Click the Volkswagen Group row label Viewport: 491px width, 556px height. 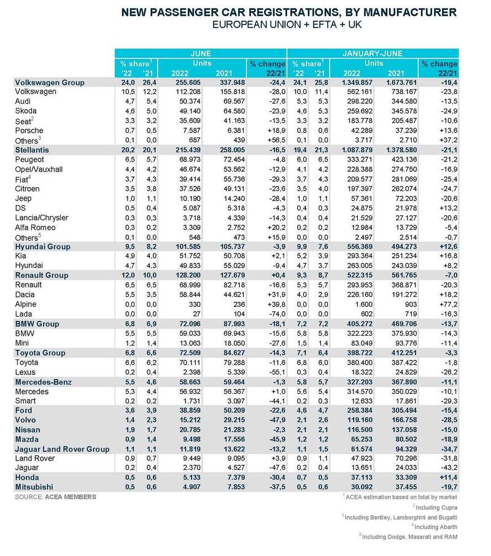[x=50, y=83]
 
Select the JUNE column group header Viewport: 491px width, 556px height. [x=201, y=53]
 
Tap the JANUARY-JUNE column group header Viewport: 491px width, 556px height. [x=372, y=53]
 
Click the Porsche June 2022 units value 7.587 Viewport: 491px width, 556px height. [x=192, y=131]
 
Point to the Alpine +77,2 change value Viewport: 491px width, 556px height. [x=448, y=304]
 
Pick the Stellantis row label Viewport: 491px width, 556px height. [x=32, y=150]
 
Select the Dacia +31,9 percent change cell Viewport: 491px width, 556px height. [x=277, y=295]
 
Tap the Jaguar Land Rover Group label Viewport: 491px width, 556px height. [x=62, y=449]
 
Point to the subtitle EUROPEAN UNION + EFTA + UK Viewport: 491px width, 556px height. [x=287, y=25]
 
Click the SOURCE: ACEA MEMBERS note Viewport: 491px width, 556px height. [x=56, y=497]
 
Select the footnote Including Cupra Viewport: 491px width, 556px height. [x=435, y=508]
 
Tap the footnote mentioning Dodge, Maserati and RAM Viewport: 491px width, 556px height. [x=408, y=537]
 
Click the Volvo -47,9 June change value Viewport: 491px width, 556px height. [x=277, y=420]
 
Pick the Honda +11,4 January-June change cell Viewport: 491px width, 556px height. [x=448, y=477]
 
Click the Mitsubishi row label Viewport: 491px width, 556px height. [x=34, y=487]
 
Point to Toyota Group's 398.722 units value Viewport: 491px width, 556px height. [x=360, y=353]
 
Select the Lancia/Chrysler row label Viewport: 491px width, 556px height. [x=42, y=218]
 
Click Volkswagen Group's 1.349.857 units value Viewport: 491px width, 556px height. [x=358, y=83]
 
